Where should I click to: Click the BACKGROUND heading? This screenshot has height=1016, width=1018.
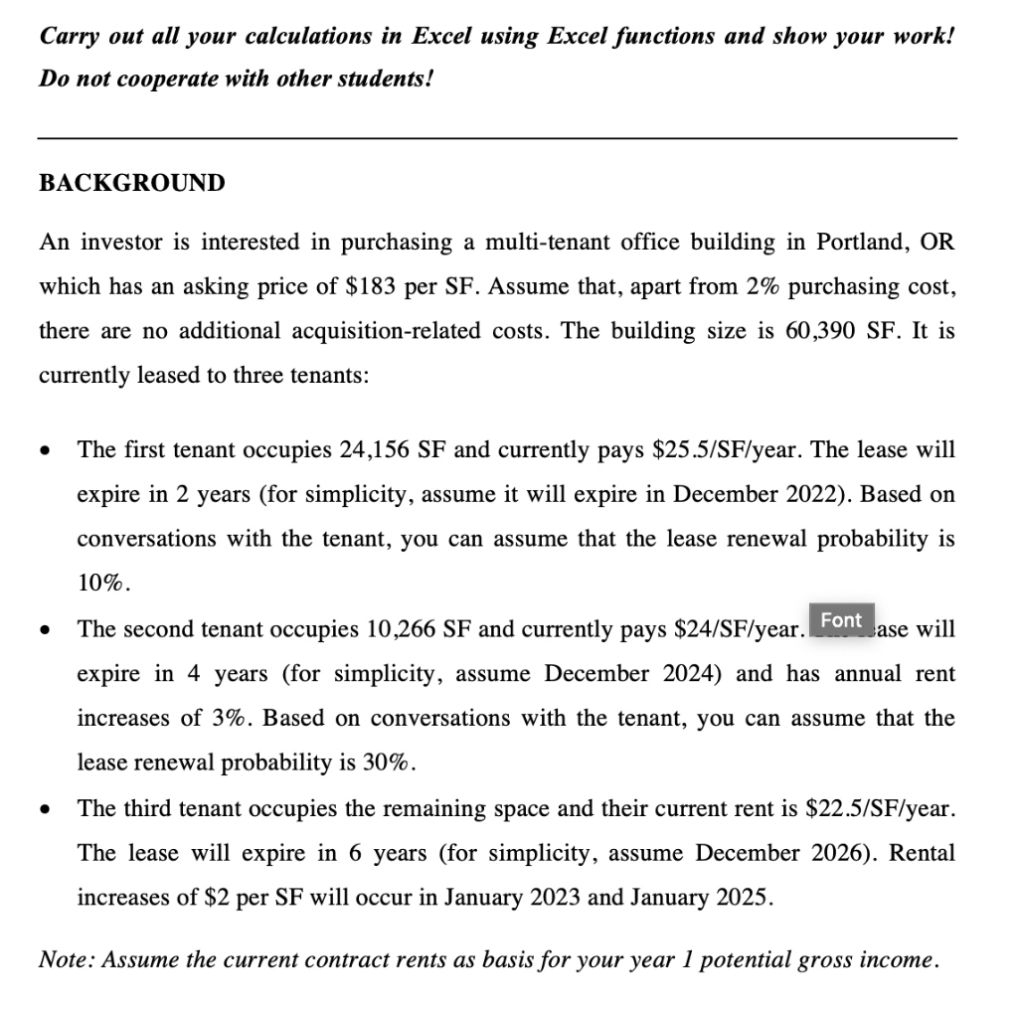click(131, 184)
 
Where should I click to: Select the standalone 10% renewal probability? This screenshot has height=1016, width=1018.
click(102, 585)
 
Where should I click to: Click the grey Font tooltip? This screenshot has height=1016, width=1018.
click(841, 619)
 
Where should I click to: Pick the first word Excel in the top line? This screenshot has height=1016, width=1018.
click(443, 36)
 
